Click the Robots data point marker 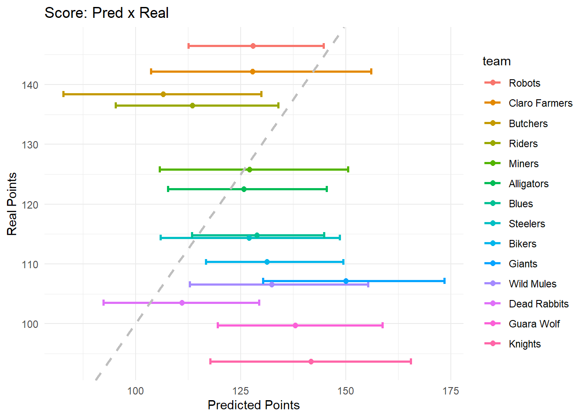coord(253,46)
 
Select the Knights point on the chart coord(311,361)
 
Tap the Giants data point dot coord(346,281)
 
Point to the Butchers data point coord(163,94)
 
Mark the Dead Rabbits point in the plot coord(182,303)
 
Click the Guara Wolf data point coord(295,325)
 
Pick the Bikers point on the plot coord(267,262)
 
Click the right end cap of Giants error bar coord(444,281)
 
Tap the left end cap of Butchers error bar coord(64,94)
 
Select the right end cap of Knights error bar coord(411,361)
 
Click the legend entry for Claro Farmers coord(540,103)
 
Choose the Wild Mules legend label coord(532,284)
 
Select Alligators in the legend coord(528,184)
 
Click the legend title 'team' coord(497,61)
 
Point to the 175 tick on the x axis coord(450,391)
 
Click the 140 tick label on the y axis coord(30,85)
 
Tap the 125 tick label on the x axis coord(241,391)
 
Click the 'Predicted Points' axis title coord(253,405)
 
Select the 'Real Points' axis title coord(12,204)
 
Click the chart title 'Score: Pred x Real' coord(106,13)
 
